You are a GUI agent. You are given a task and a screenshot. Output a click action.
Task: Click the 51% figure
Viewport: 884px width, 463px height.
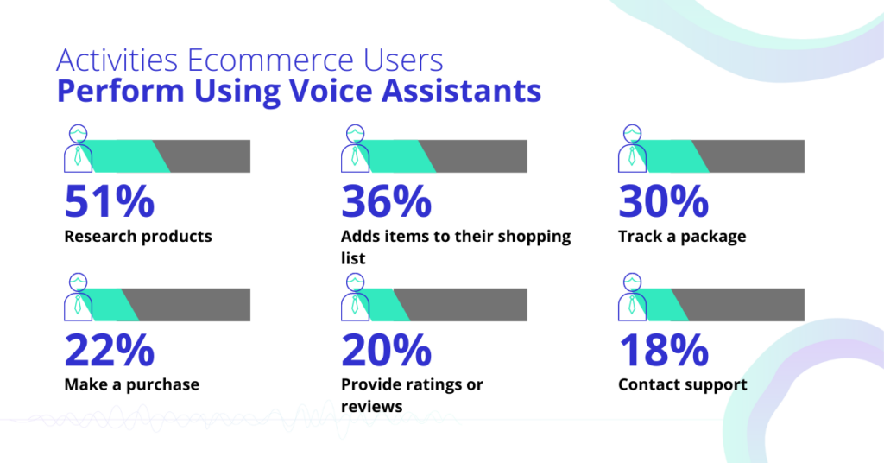click(110, 201)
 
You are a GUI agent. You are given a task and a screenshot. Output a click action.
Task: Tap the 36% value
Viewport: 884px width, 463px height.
click(386, 201)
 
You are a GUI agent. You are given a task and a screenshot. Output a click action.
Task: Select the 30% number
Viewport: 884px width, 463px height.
click(664, 201)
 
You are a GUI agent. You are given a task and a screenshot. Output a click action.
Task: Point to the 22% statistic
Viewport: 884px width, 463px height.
click(110, 350)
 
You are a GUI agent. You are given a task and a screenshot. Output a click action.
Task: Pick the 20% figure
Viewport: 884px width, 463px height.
click(386, 350)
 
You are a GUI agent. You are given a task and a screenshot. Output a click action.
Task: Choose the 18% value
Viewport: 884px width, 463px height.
click(664, 350)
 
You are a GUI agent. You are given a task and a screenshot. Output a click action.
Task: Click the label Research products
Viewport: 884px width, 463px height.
click(138, 237)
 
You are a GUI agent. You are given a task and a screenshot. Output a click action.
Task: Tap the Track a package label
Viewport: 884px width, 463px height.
click(682, 237)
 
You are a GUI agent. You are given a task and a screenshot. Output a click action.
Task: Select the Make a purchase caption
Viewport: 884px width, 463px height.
click(132, 384)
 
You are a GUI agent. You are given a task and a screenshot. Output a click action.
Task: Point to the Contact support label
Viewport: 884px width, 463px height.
click(683, 384)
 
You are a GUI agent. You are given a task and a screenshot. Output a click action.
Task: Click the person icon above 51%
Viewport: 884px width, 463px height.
click(78, 149)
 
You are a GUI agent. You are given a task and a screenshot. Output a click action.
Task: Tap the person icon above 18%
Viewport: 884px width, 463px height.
click(633, 297)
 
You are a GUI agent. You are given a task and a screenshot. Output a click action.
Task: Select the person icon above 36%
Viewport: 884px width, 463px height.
click(355, 149)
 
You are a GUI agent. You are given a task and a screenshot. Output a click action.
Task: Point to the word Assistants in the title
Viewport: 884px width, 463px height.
click(462, 91)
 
